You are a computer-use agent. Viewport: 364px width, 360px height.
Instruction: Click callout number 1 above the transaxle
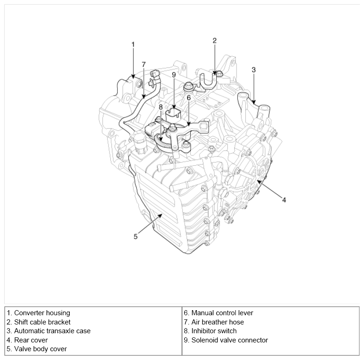point(133,44)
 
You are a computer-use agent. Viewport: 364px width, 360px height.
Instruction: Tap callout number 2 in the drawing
point(214,41)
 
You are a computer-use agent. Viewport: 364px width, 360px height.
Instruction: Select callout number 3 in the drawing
point(254,70)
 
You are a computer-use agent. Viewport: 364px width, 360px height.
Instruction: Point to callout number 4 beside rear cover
point(284,200)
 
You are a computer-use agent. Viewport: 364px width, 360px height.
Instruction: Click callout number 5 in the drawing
point(136,236)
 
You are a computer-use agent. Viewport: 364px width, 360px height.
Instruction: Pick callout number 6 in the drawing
point(189,97)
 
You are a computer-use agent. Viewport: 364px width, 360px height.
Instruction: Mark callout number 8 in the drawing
point(161,107)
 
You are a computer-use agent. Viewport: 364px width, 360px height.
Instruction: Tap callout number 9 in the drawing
point(174,74)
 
